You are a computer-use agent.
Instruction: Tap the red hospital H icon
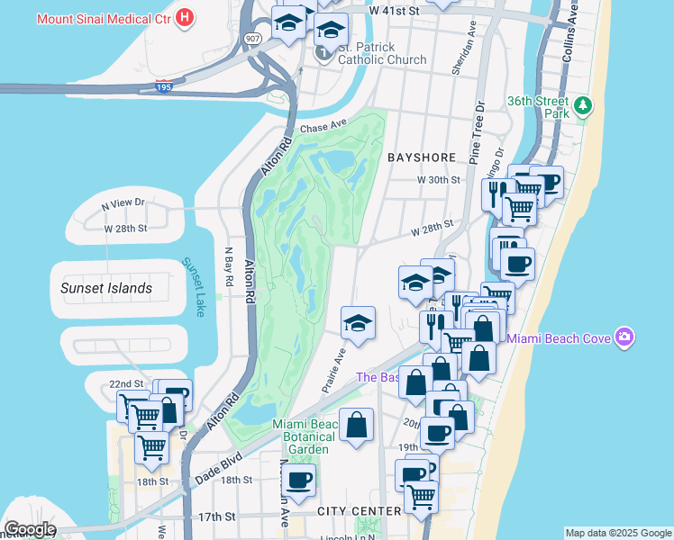[x=185, y=17]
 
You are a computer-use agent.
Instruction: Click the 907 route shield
[x=252, y=38]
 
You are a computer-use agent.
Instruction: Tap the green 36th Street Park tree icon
[x=584, y=107]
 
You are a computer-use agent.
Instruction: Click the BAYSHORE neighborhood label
[x=422, y=157]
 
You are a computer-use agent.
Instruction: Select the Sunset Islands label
[x=105, y=288]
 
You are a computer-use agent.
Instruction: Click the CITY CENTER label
[x=359, y=511]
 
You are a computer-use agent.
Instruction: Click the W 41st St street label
[x=395, y=10]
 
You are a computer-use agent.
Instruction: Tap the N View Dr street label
[x=123, y=204]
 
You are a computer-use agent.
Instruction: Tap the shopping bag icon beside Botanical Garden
[x=357, y=426]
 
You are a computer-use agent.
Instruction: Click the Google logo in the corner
[x=29, y=529]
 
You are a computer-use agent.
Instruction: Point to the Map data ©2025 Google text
[x=618, y=533]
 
